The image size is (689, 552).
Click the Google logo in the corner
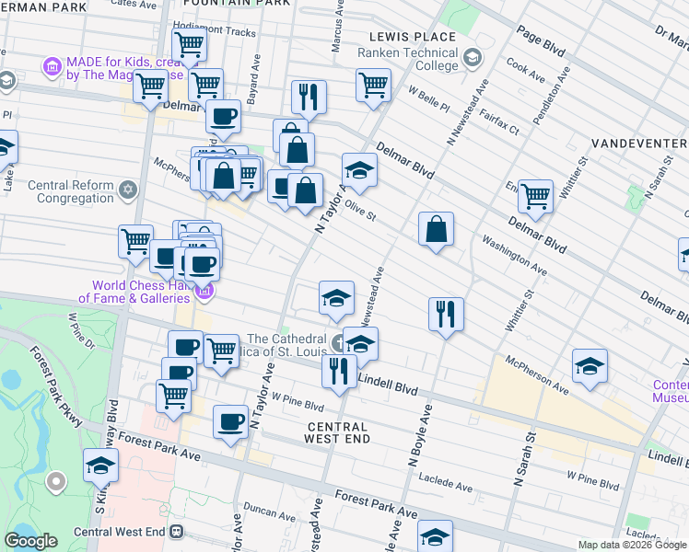(x=30, y=541)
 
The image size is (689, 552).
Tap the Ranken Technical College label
(x=407, y=59)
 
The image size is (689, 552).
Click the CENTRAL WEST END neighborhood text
(x=337, y=432)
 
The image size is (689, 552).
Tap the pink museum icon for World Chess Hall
(x=204, y=293)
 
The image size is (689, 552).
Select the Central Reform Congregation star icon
(x=128, y=190)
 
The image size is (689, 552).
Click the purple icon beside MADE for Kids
(x=52, y=67)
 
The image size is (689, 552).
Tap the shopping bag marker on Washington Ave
(x=437, y=230)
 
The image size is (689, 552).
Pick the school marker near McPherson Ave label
(x=590, y=365)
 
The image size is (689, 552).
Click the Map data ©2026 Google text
(x=632, y=545)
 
